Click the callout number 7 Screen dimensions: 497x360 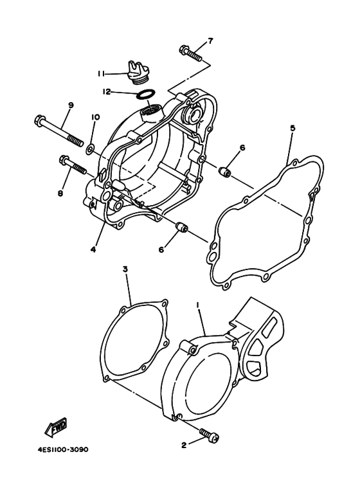(210, 41)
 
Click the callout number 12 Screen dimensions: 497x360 (107, 92)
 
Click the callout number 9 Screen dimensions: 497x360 (71, 105)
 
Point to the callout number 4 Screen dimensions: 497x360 (93, 249)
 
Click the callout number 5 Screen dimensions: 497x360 (292, 127)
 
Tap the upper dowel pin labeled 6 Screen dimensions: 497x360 (225, 172)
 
